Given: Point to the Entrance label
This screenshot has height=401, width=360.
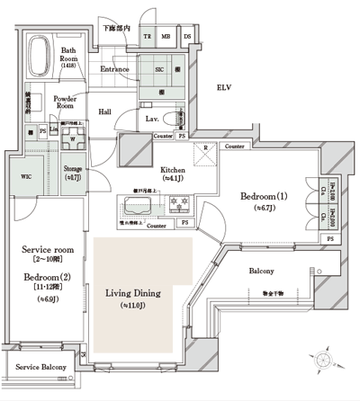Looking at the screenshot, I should pyautogui.click(x=115, y=68).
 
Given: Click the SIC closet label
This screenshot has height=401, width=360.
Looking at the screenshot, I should pyautogui.click(x=160, y=68).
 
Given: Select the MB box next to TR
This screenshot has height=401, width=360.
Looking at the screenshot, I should pyautogui.click(x=166, y=36).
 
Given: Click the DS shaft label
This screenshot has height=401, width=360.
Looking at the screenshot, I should pyautogui.click(x=187, y=36).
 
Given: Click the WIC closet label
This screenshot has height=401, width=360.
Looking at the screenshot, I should pyautogui.click(x=26, y=177).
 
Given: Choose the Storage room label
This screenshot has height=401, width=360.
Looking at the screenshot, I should pyautogui.click(x=74, y=170).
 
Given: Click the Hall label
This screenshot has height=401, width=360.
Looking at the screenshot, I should pyautogui.click(x=105, y=111).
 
